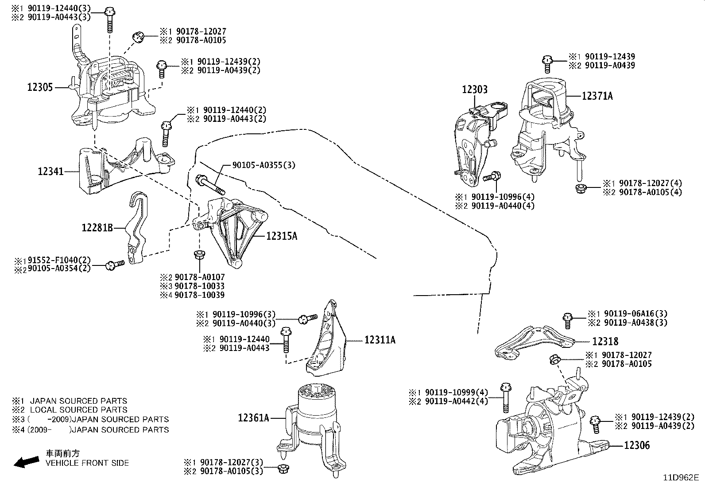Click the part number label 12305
(x=40, y=87)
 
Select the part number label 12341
(x=50, y=171)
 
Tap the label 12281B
(x=97, y=228)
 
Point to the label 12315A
(x=282, y=236)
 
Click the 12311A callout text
(x=380, y=340)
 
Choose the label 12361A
(x=253, y=417)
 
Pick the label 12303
(x=475, y=90)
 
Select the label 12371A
(x=597, y=96)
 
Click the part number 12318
(x=605, y=341)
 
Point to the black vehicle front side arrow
(x=26, y=462)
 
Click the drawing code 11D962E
(x=680, y=478)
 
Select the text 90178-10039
(x=199, y=295)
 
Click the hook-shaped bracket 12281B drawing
(x=136, y=226)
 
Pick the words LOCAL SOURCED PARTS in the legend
(x=78, y=410)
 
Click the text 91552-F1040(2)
(x=59, y=260)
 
